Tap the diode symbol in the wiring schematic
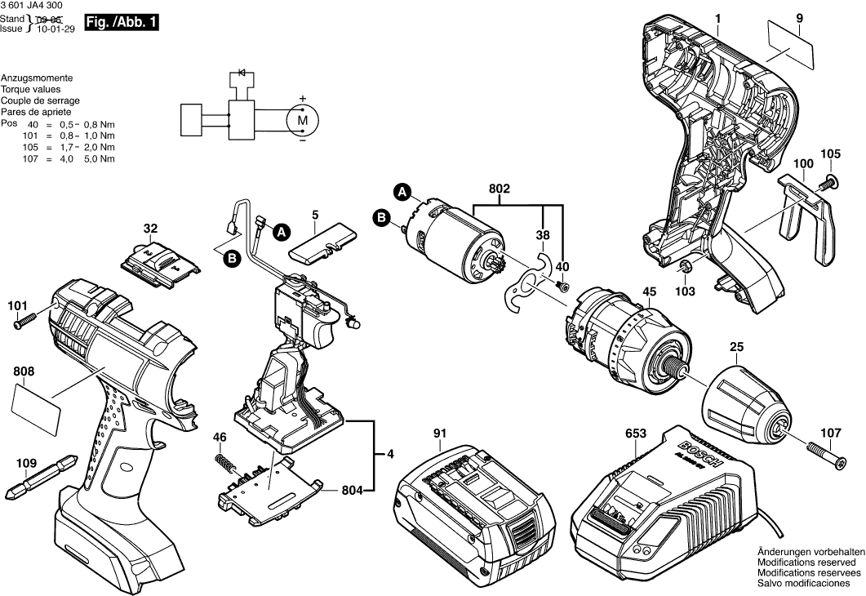[x=240, y=72]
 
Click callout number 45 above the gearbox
[x=649, y=292]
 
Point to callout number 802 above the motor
[x=500, y=189]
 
